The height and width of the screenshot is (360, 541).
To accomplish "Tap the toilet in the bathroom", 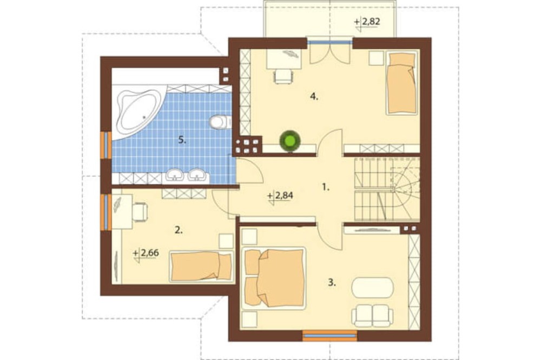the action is pos(220,122).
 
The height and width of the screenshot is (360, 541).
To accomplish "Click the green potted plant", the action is pos(290,141).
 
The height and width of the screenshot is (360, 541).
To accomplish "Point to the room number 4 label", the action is pos(314,96).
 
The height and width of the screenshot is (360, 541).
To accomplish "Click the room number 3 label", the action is pos(332,283).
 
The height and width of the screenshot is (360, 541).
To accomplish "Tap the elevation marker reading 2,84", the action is pos(280,196).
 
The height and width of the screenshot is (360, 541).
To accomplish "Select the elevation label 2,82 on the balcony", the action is pos(367,22).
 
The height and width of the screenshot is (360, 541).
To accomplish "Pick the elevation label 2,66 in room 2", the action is pos(146,254).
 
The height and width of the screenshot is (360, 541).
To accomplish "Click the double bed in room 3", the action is pos(274,277).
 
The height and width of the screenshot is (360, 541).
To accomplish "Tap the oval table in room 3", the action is pos(372,287).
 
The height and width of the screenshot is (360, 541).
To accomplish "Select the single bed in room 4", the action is pos(401,83).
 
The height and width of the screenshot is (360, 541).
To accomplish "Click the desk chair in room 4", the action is pos(282,76).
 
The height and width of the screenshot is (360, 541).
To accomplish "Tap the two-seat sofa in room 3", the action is pos(372,316).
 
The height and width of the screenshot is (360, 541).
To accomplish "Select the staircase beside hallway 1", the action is pos(387,189).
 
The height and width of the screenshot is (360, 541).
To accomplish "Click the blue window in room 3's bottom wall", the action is pos(329,335).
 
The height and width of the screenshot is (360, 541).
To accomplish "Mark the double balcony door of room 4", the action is pos(330,52).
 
